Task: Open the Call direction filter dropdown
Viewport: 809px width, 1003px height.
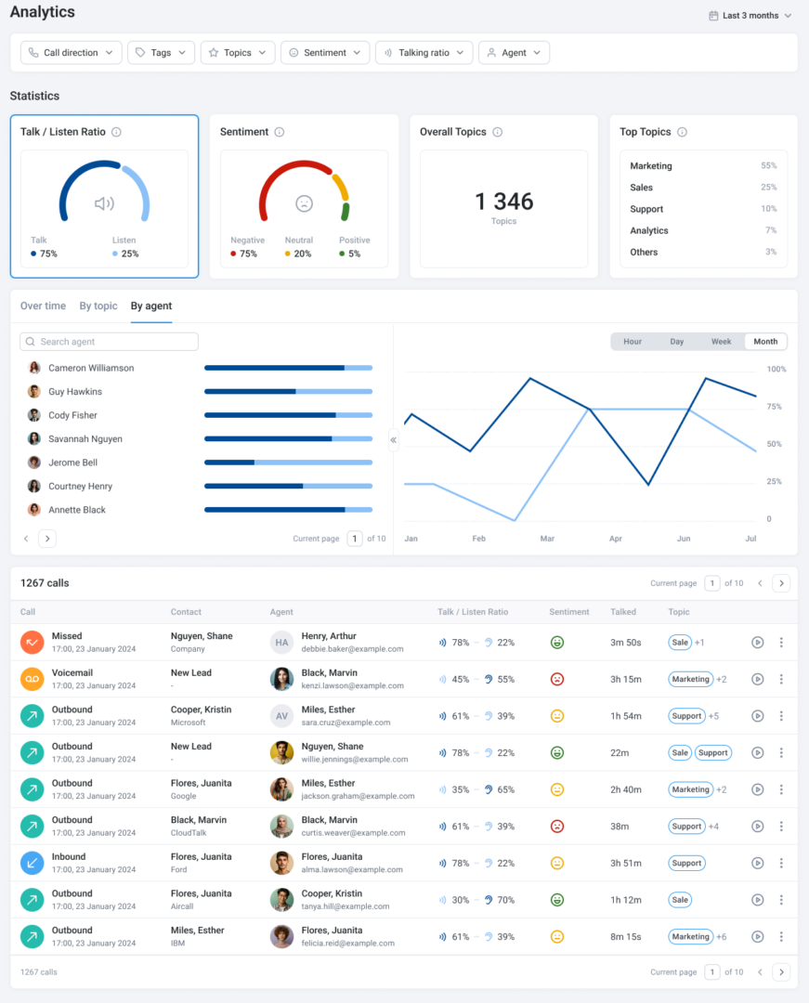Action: point(72,53)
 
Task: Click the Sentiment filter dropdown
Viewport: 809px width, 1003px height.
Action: point(325,53)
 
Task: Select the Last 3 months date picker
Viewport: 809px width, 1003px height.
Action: point(750,16)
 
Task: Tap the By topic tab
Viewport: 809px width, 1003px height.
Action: point(98,306)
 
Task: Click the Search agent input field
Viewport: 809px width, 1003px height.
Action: point(110,342)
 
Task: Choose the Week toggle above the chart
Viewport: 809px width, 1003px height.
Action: point(721,342)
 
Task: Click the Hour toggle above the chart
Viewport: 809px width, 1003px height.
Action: point(633,342)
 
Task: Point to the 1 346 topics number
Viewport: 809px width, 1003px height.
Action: point(503,202)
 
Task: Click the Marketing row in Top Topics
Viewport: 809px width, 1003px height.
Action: point(651,166)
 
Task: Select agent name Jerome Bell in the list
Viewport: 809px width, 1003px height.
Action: point(72,462)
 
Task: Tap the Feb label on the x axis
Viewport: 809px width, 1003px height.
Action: point(479,539)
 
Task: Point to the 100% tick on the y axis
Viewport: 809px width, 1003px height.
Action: point(776,369)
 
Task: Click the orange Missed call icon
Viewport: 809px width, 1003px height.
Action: point(32,642)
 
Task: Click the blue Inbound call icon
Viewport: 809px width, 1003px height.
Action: point(32,863)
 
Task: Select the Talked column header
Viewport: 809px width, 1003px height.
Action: point(623,612)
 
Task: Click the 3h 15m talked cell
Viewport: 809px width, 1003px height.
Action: point(626,679)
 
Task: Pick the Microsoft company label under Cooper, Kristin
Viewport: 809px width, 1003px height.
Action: point(189,723)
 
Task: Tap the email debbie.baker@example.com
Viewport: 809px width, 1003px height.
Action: point(352,649)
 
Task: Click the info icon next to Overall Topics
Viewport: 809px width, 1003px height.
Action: point(498,132)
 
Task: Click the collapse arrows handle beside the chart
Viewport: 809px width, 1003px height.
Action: point(393,439)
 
